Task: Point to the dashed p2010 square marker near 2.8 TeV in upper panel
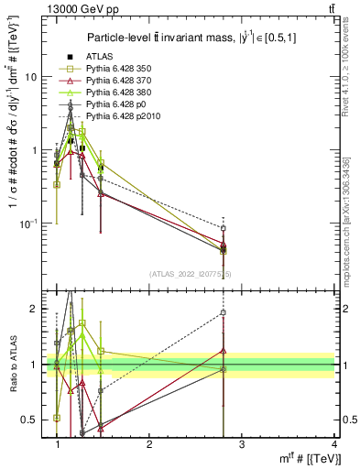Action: [224, 228]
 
